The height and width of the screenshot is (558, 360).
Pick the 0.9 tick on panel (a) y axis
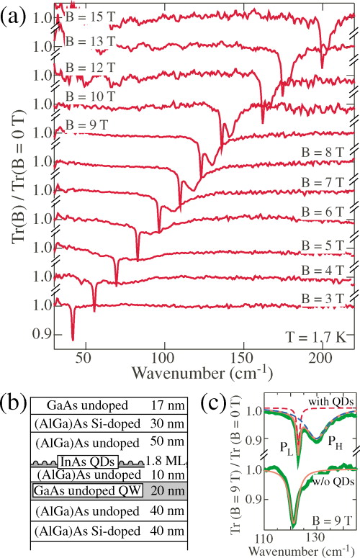(42, 335)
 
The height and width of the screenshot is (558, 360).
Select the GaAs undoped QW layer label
(79, 491)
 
